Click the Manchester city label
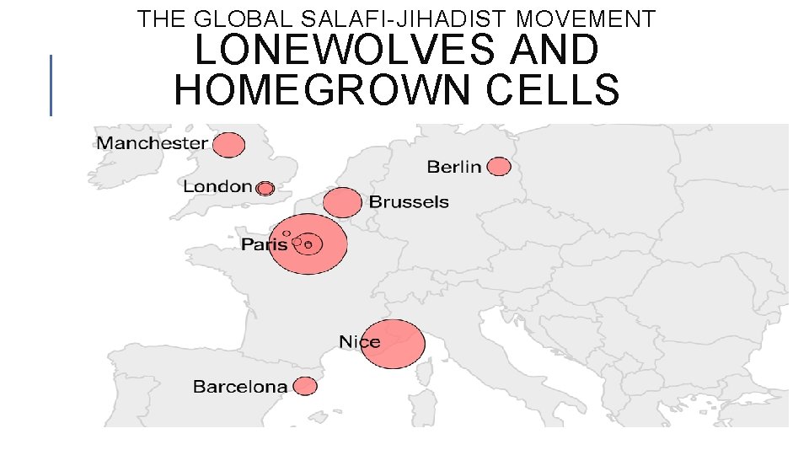coord(152,142)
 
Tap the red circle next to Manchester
coord(228,145)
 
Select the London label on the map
coord(217,186)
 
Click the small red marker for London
coord(265,189)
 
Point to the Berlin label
coord(454,167)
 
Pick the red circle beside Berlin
coord(499,167)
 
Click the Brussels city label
coord(409,202)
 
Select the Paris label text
coord(264,244)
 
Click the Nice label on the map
coord(360,342)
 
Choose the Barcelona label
coord(240,387)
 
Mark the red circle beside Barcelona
coord(305,386)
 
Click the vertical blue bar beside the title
coord(51,84)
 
